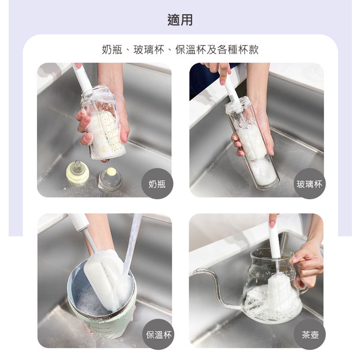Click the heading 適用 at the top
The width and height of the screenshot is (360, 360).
(x=180, y=20)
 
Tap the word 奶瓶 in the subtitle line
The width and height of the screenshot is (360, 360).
(x=112, y=49)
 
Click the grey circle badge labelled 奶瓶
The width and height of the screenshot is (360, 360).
(x=157, y=184)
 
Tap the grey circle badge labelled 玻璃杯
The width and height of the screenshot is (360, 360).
(x=310, y=184)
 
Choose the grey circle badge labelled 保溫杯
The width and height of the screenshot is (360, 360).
(x=158, y=334)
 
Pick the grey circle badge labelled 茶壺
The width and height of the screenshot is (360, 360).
(x=310, y=334)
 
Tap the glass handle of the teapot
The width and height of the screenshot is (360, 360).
(x=301, y=276)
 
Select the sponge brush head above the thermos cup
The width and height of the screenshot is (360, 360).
(x=108, y=279)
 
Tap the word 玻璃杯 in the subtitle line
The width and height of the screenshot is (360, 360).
(x=149, y=49)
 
